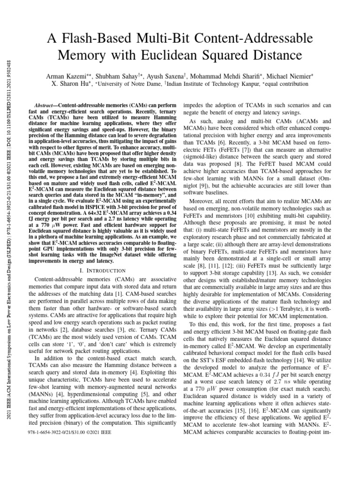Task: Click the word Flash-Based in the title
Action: pos(110,38)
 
